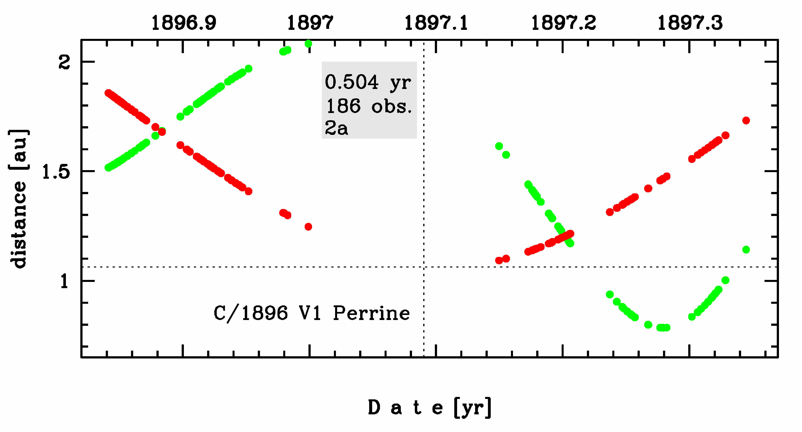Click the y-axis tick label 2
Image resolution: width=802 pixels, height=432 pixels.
pyautogui.click(x=64, y=62)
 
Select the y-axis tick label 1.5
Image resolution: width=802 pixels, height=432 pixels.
pyautogui.click(x=56, y=172)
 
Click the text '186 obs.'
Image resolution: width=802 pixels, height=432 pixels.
pyautogui.click(x=369, y=106)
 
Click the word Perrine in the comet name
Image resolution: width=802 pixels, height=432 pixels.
pyautogui.click(x=371, y=313)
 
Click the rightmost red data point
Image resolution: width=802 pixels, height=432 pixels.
pyautogui.click(x=746, y=121)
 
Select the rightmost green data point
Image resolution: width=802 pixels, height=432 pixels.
pyautogui.click(x=746, y=249)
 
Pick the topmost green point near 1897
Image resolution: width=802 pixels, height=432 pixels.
pyautogui.click(x=308, y=44)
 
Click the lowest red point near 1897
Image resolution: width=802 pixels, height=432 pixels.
pyautogui.click(x=308, y=227)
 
